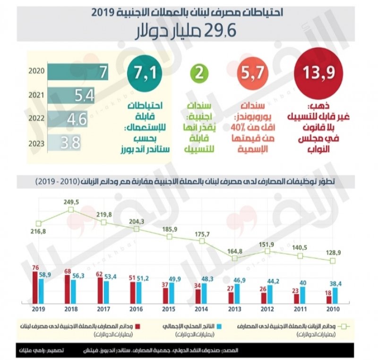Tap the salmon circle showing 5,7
pos(249,73)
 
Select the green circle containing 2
pos(199,73)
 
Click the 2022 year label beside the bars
pos(37,119)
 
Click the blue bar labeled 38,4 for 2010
pos(335,295)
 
